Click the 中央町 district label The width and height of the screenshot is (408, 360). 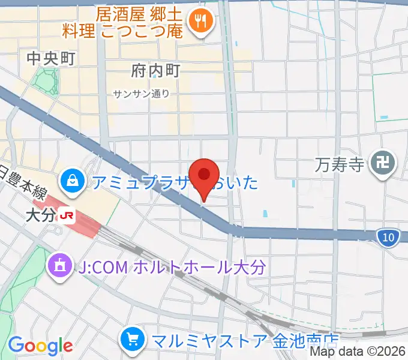51,58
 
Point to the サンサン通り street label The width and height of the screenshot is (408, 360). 141,94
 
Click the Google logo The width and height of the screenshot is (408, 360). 40,346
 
